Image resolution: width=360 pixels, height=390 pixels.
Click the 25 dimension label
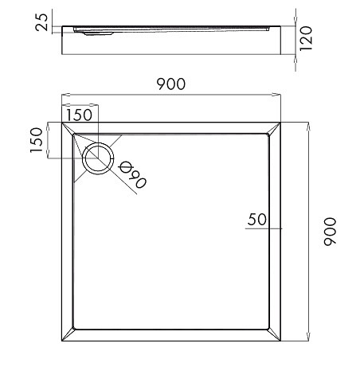pos(42,22)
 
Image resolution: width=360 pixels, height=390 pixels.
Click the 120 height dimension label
pos(306,38)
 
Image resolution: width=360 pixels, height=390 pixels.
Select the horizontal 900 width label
pos(170,84)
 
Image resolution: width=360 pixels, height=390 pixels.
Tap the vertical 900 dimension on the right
pos(330,232)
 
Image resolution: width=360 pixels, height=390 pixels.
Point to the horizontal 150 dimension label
pos(79,115)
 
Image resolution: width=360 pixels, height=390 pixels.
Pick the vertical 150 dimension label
pos(36,140)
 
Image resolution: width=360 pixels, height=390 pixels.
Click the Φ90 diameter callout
pos(132,175)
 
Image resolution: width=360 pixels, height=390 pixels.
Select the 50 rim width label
pos(256,220)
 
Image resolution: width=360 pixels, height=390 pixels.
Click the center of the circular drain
pos(99,158)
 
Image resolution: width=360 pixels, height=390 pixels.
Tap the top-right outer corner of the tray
pos(280,123)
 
